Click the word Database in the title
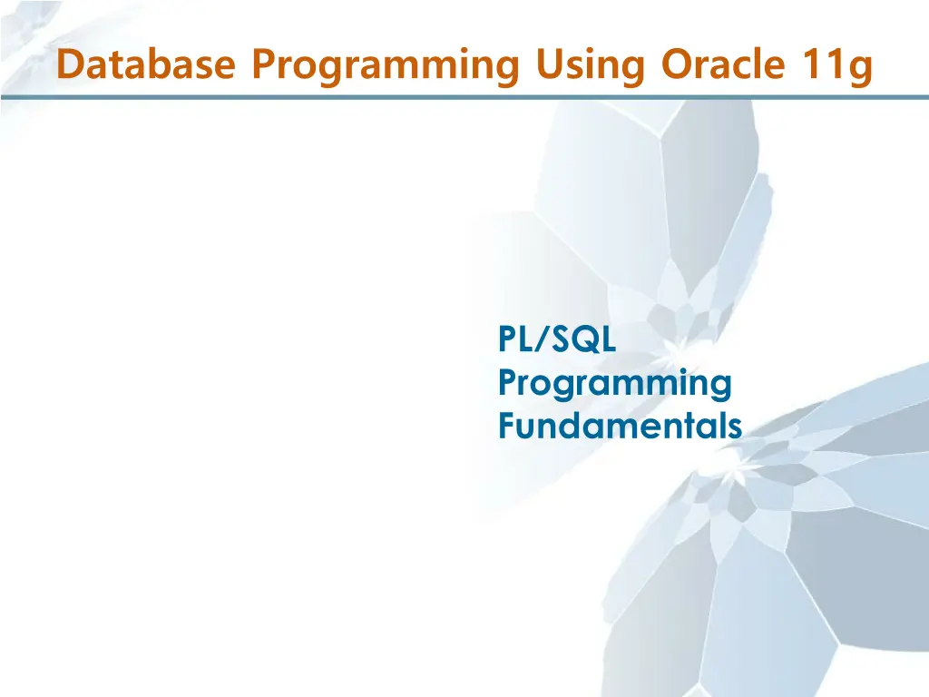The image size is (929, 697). click(x=146, y=64)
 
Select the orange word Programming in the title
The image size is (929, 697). click(x=386, y=67)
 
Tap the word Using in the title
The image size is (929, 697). click(x=590, y=67)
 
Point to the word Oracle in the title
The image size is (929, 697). click(x=723, y=64)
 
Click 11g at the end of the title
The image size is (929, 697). click(x=837, y=67)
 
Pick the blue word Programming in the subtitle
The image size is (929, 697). click(x=615, y=385)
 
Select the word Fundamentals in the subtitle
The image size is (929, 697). click(x=620, y=425)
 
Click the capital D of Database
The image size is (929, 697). click(x=70, y=64)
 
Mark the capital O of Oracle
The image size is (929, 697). click(x=677, y=64)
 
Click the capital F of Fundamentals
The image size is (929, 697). click(x=507, y=425)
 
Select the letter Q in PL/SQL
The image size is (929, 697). click(x=588, y=340)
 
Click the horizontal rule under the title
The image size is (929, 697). click(x=464, y=96)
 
